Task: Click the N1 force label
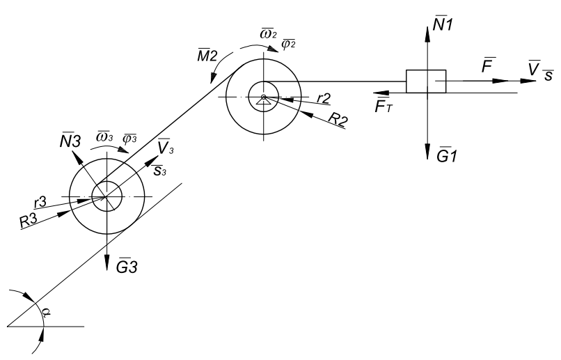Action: [x=443, y=24]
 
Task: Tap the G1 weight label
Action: [x=447, y=155]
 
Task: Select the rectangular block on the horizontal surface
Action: [x=426, y=81]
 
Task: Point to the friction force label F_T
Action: [x=384, y=106]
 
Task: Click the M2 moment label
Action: [x=207, y=56]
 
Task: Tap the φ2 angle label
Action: [x=288, y=44]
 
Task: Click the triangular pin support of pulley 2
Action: [x=263, y=100]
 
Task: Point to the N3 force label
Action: [x=70, y=141]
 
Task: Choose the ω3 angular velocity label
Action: [x=104, y=136]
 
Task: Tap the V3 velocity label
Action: [x=165, y=146]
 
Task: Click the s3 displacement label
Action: [x=159, y=170]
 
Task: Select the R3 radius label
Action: [x=29, y=221]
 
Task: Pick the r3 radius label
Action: [x=40, y=203]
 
